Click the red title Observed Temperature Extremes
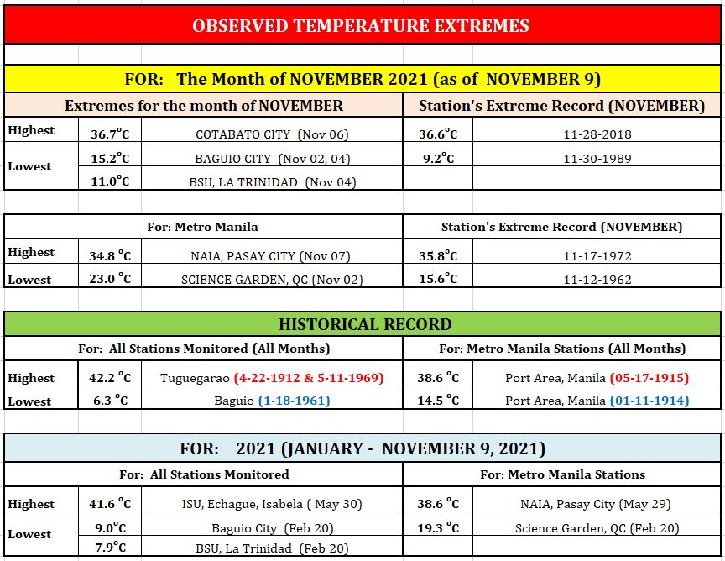tap(361, 25)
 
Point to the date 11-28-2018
tap(597, 134)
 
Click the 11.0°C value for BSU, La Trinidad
tap(110, 181)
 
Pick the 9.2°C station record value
tap(438, 158)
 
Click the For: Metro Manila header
tap(202, 227)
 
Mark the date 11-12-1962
tap(597, 280)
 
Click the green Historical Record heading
tap(365, 324)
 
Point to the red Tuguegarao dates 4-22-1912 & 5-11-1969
tap(309, 378)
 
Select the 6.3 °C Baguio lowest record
tap(110, 400)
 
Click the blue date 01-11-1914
tap(649, 401)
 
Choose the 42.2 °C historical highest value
tap(110, 377)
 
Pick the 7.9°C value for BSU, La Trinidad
tap(110, 547)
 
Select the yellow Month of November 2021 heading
tap(362, 79)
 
